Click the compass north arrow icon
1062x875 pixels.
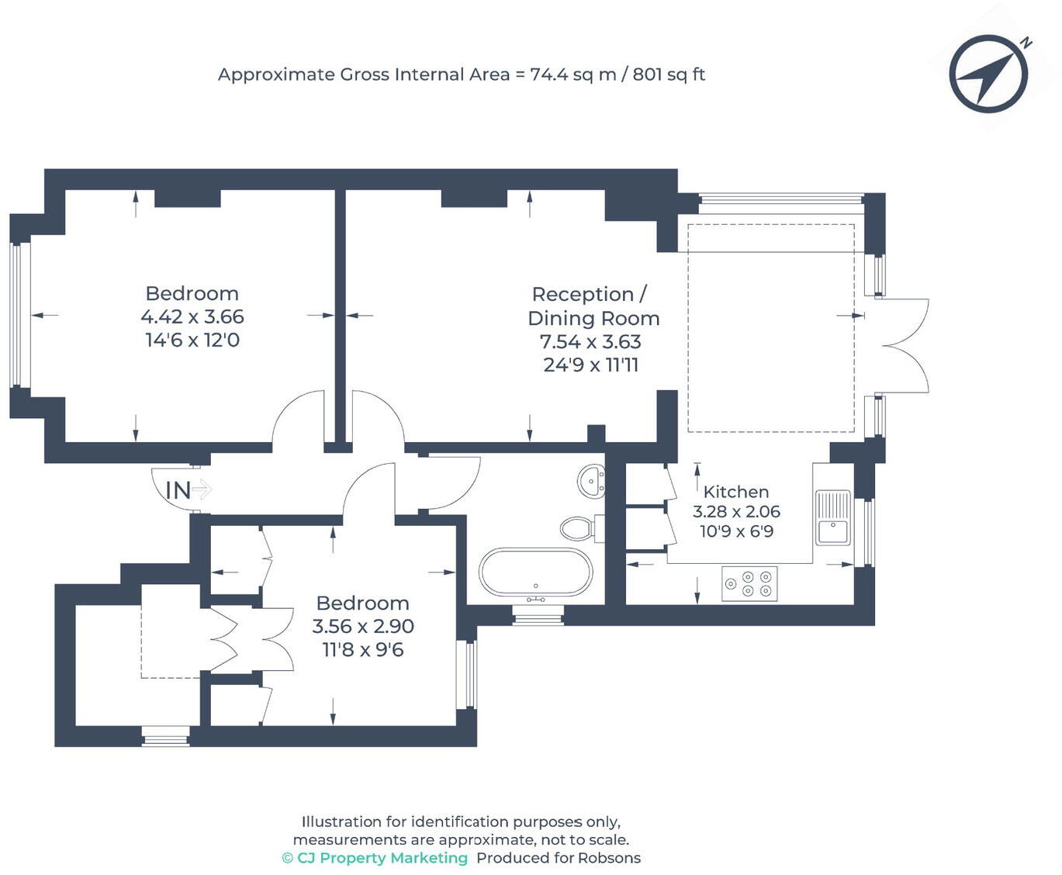click(988, 74)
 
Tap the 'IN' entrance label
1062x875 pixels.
click(178, 490)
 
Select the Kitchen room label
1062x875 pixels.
click(735, 492)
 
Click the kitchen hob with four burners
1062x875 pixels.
click(749, 583)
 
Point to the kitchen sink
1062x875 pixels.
click(832, 517)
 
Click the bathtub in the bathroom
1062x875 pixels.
click(536, 572)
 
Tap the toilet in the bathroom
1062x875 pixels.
click(582, 528)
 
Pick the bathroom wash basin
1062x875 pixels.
click(591, 480)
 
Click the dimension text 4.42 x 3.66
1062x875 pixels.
click(192, 316)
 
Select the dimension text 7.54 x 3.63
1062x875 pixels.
click(590, 341)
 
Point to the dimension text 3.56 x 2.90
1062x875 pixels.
click(362, 626)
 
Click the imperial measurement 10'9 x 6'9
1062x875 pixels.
click(736, 531)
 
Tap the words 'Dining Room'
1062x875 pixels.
click(593, 319)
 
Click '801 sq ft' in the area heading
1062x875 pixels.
click(669, 74)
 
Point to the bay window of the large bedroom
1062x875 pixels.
click(20, 315)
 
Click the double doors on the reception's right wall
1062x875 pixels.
click(901, 345)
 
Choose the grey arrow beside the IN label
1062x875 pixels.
click(202, 490)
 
